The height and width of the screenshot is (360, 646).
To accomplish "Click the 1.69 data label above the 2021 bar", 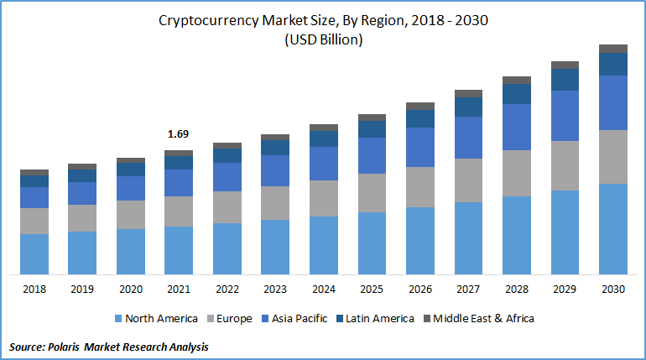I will point(178,133).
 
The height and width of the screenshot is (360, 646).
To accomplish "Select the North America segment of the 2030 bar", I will point(612,228).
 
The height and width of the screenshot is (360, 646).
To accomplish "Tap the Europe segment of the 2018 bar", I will point(34,221).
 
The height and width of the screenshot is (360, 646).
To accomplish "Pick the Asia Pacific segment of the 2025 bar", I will point(372,155).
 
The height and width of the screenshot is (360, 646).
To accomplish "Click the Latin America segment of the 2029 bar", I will point(565,79).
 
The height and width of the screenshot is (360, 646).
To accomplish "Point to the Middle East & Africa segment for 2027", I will point(468,93).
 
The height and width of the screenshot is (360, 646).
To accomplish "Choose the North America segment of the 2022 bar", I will point(227,248).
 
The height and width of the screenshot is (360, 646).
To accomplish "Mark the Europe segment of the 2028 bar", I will point(516,173).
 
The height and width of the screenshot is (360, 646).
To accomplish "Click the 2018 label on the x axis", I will point(34,290).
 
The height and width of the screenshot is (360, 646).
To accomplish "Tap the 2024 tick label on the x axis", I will point(323,290).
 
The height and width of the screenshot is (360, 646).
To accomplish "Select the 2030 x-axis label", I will point(612,290).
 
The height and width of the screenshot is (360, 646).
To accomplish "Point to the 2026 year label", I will point(419,290).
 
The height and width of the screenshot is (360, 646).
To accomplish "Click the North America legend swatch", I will point(118,319).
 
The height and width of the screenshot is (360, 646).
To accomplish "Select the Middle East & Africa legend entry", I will point(483,319).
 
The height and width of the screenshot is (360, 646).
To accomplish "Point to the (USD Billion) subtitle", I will point(323,39).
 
